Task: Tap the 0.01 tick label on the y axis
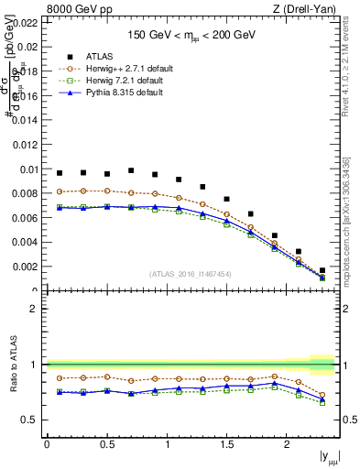pos(27,169)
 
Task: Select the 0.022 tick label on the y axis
pos(24,23)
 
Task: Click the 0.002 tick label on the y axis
pos(24,267)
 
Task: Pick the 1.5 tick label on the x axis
pos(226,444)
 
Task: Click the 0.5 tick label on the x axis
pos(106,444)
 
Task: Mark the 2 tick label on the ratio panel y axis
pos(35,309)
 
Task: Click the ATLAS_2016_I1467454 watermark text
pos(191,274)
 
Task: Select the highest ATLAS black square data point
pos(131,170)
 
